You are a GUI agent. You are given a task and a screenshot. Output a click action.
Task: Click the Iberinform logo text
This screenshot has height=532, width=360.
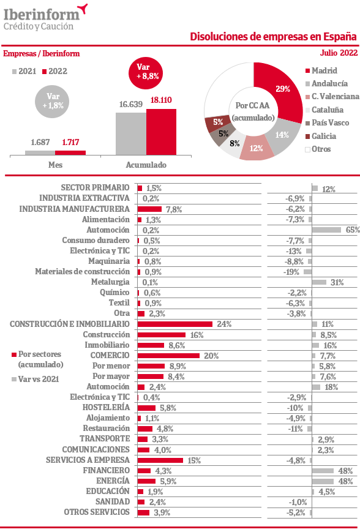click(42, 15)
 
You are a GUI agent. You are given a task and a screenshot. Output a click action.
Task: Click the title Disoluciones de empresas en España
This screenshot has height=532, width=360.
click(273, 37)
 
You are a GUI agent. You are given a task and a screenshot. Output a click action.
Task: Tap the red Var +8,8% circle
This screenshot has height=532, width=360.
click(146, 72)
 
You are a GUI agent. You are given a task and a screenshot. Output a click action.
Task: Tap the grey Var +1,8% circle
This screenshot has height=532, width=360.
click(52, 101)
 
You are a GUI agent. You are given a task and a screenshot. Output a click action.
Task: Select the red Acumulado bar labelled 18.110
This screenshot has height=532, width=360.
click(161, 132)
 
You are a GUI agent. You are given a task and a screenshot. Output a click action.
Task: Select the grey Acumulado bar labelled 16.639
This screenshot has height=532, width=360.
click(131, 133)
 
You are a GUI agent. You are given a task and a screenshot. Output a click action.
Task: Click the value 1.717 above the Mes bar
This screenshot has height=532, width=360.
click(70, 142)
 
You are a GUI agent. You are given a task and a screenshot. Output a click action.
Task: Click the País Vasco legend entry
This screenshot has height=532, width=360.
click(327, 123)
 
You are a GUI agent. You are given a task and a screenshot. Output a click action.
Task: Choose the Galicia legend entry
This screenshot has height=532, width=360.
click(321, 136)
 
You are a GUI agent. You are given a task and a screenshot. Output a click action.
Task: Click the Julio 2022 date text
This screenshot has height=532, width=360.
click(339, 53)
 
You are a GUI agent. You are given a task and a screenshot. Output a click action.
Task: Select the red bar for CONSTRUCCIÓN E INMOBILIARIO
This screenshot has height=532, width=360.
click(175, 324)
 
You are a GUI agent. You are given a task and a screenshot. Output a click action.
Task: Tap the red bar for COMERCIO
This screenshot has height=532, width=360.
click(168, 356)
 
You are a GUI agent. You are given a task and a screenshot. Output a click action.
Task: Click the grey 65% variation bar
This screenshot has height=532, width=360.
click(326, 230)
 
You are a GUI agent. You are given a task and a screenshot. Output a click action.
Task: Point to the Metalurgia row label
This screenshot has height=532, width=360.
click(110, 282)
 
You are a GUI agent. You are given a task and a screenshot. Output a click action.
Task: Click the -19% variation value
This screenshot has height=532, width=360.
click(291, 272)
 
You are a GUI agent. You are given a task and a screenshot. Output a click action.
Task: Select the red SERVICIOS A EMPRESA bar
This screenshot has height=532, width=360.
click(160, 460)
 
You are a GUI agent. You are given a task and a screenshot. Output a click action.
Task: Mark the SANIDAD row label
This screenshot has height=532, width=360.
click(113, 501)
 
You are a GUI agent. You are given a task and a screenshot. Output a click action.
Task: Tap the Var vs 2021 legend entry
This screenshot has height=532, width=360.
click(36, 379)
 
